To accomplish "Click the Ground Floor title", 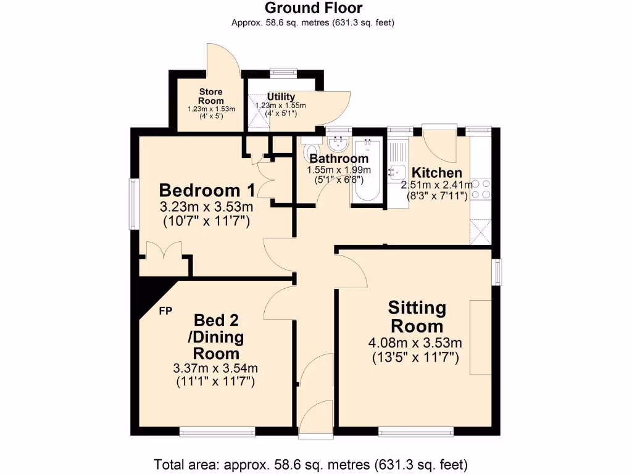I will pos(314,8).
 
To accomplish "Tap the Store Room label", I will pos(211,96).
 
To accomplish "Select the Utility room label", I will pos(281,97).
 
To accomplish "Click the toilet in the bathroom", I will pos(312,150).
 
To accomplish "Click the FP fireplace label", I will pos(165,310).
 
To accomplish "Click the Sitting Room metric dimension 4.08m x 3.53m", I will pos(416,343).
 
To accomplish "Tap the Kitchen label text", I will pos(437,172).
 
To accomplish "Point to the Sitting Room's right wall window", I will pos(497,272).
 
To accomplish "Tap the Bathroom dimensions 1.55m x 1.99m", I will pos(339,170).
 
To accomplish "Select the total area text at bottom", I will pos(310,464).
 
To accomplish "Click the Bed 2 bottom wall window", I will pos(217,431).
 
